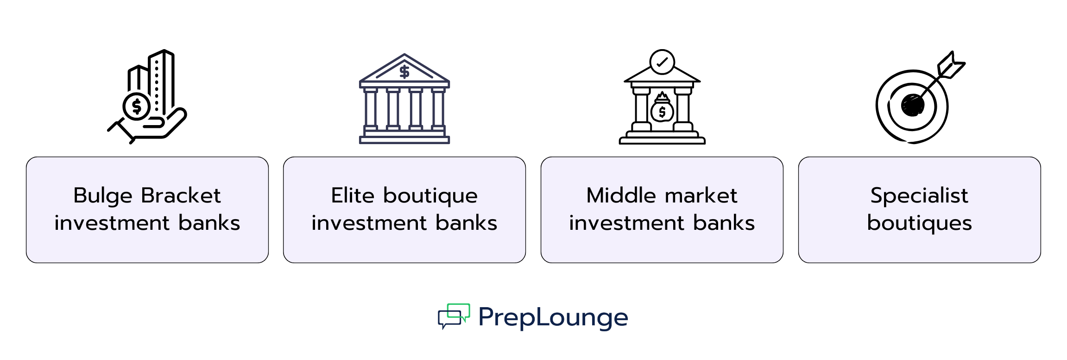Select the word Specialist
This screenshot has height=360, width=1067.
click(919, 196)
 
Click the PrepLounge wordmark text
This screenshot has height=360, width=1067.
click(553, 318)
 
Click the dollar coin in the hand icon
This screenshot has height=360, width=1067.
click(137, 106)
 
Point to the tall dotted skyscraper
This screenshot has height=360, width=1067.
click(161, 83)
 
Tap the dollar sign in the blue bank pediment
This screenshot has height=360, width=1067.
click(404, 72)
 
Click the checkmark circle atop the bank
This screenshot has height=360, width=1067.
click(662, 62)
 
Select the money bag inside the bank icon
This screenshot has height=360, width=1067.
click(662, 109)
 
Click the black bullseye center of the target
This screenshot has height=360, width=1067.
click(912, 106)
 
